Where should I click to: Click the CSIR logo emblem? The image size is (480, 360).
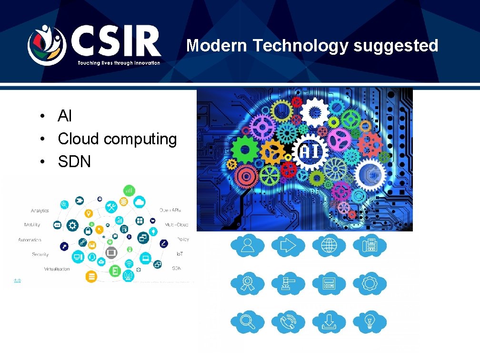(x=46, y=45)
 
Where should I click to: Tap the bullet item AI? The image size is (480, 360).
(x=64, y=116)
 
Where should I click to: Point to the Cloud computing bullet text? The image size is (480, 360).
(x=117, y=139)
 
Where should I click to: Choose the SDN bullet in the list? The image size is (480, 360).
(x=74, y=162)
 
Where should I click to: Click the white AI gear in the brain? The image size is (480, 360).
(x=310, y=152)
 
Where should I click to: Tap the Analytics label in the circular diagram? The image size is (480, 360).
(x=40, y=210)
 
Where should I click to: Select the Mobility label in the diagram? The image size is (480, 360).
(x=32, y=225)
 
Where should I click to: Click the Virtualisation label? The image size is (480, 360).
(x=57, y=269)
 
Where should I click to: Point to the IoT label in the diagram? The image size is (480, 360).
(x=180, y=254)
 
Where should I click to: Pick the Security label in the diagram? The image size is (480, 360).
(x=40, y=254)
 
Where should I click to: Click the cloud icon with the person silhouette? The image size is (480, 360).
(x=247, y=245)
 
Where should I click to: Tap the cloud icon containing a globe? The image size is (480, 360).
(x=329, y=245)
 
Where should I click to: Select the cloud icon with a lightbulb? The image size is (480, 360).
(x=369, y=322)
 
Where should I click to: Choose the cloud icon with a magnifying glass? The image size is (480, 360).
(x=247, y=322)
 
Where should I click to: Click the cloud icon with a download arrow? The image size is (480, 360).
(x=329, y=322)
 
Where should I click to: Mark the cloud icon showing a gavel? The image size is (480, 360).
(x=288, y=284)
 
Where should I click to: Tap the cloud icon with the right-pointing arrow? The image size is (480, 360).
(x=288, y=245)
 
